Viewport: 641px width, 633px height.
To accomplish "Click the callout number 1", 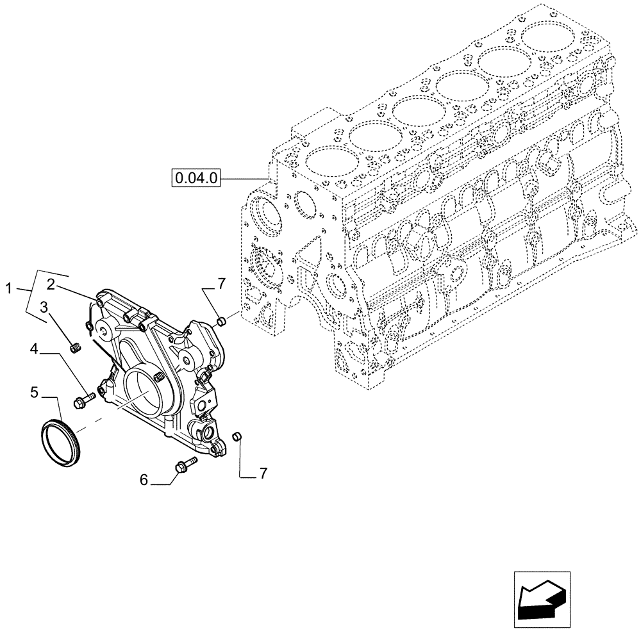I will [x=8, y=289].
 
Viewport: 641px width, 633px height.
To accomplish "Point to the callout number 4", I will [x=35, y=349].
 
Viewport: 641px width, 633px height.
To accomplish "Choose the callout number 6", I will [x=144, y=479].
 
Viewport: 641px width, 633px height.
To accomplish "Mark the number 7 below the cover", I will [x=263, y=473].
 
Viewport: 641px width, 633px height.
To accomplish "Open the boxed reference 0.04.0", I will [x=196, y=177].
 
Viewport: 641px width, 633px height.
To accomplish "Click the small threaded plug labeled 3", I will [x=76, y=349].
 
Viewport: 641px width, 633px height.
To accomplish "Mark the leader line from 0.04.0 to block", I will [x=244, y=177].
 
